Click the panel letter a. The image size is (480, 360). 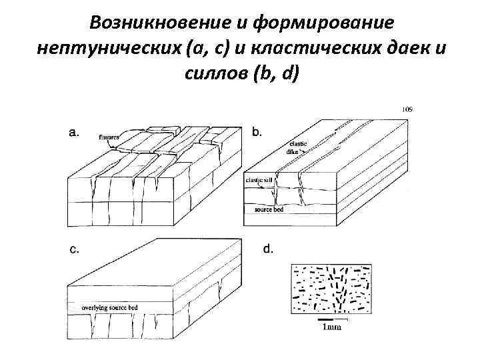(75, 133)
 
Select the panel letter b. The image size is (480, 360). (257, 133)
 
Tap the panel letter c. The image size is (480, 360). (75, 250)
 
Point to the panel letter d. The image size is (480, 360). (268, 250)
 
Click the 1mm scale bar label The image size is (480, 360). (331, 327)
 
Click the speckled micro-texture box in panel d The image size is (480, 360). (331, 288)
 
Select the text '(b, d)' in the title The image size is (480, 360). (276, 73)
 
